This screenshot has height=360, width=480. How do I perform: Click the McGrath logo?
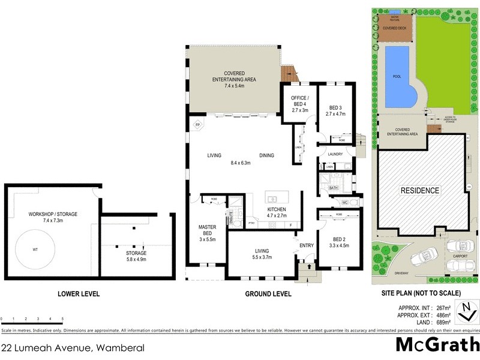click(437, 345)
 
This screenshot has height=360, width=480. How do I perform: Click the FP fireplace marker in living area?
click(197, 124)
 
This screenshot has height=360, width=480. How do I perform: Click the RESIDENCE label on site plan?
click(420, 191)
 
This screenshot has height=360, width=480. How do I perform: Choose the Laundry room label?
click(335, 154)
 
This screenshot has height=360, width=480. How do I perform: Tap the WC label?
click(337, 203)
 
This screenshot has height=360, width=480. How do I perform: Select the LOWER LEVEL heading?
click(79, 294)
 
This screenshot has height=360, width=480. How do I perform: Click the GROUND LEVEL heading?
click(268, 294)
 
